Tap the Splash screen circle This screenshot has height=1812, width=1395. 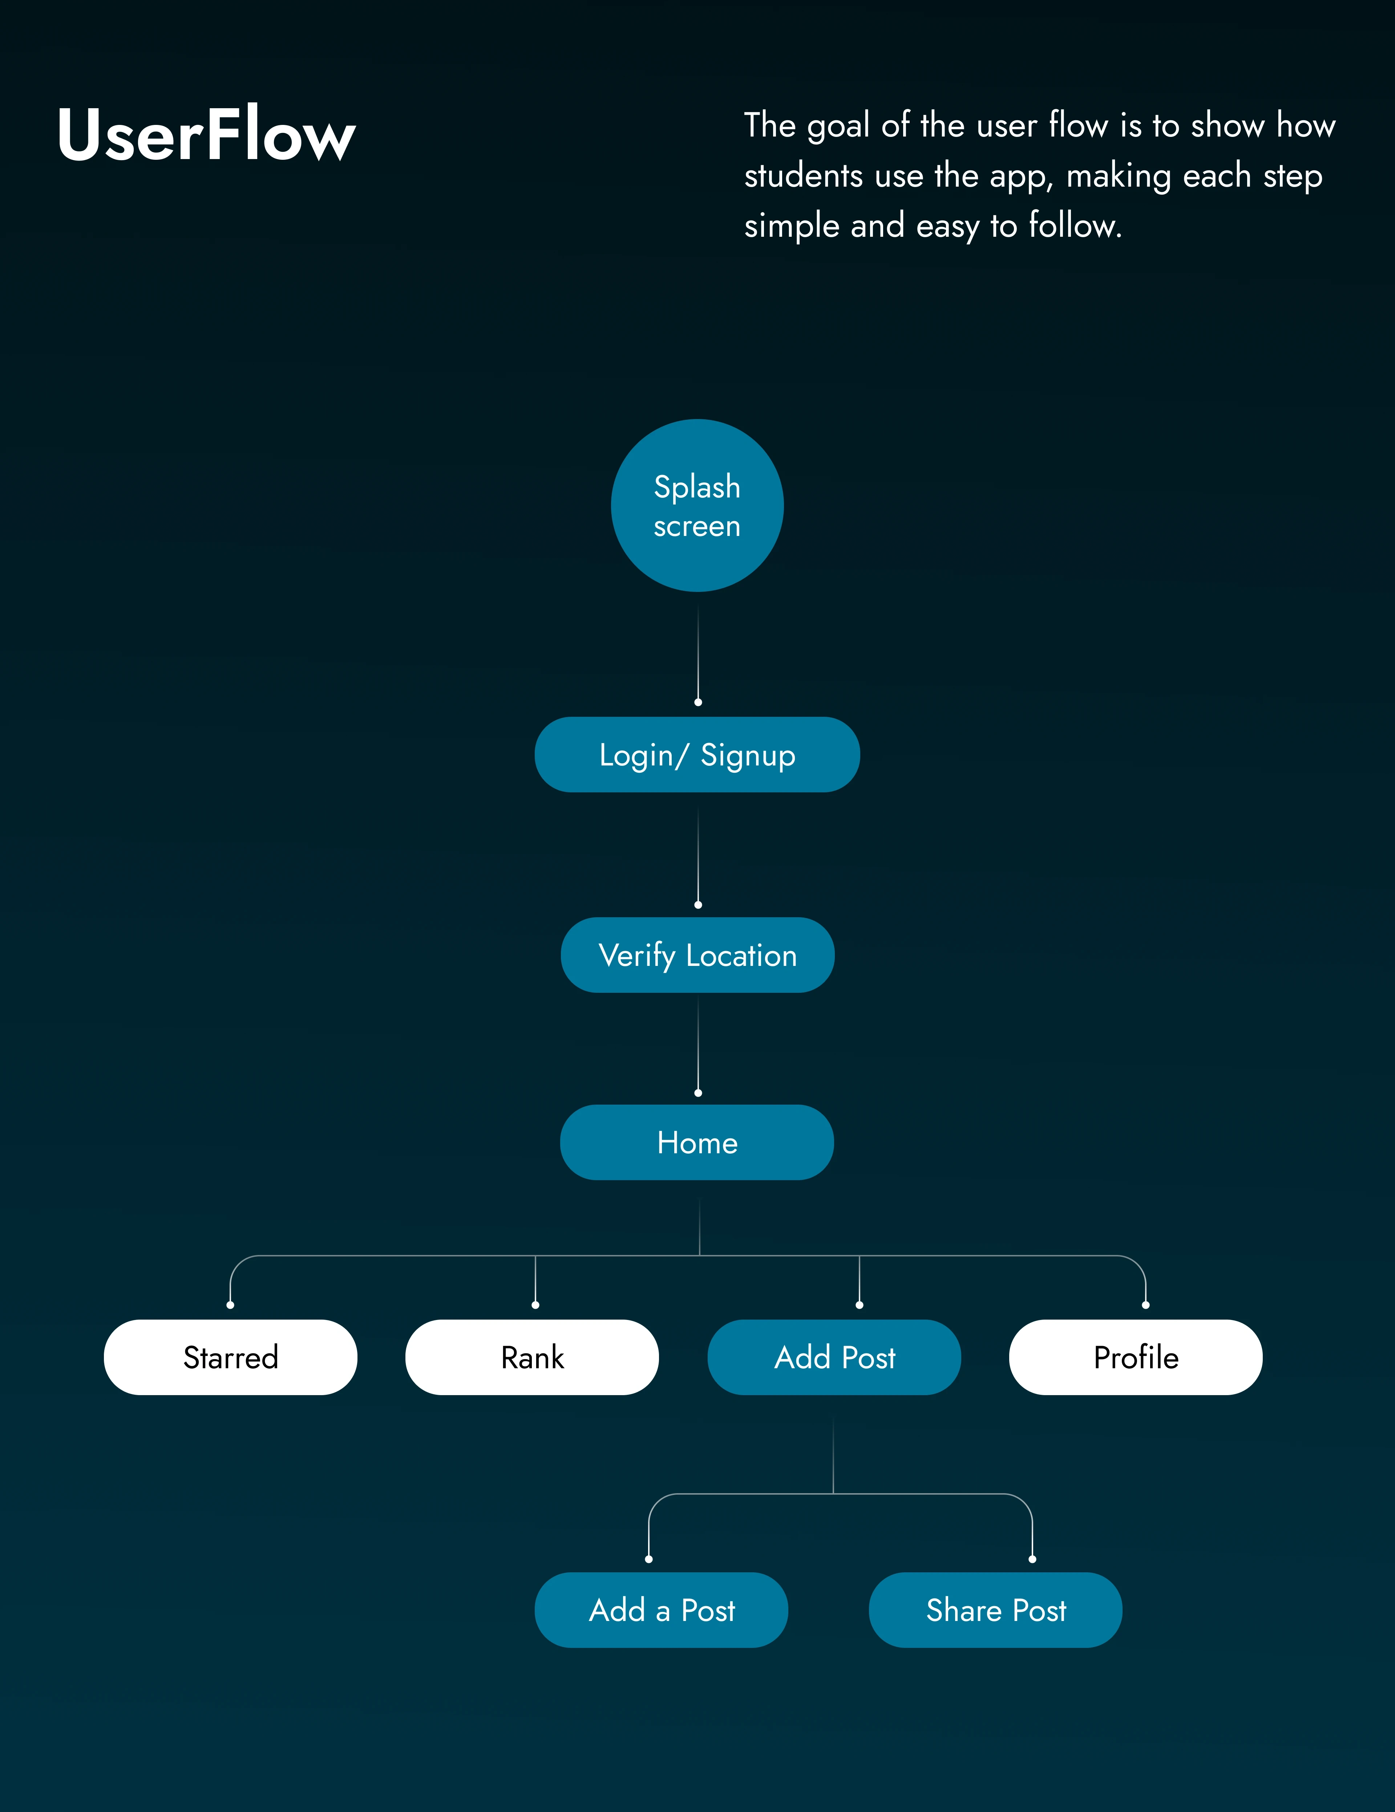(x=697, y=505)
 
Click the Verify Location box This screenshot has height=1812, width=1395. (x=697, y=955)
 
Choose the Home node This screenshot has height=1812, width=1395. (x=697, y=1142)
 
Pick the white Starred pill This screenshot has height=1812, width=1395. (x=231, y=1357)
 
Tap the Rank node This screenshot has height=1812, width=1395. (x=532, y=1357)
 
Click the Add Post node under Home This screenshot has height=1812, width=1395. (x=834, y=1357)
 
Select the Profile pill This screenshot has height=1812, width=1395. (x=1135, y=1357)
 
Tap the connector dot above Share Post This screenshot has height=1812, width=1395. (x=1032, y=1559)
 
